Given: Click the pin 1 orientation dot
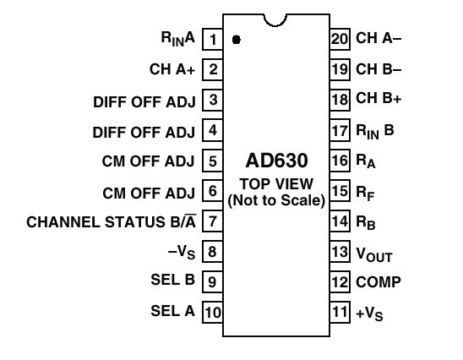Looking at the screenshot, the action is [237, 39].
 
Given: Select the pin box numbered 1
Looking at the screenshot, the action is [213, 39].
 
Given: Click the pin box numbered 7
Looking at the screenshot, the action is [213, 221].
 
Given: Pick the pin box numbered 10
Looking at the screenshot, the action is [213, 312].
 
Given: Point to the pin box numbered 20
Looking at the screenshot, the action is [340, 39].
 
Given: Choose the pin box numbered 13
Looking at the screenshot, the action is [340, 252].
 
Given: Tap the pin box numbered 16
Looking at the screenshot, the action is [340, 161].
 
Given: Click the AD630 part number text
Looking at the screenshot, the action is [276, 161].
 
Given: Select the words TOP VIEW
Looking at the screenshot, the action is [276, 184].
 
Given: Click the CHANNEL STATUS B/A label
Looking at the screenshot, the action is [112, 221].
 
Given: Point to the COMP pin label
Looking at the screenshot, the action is [379, 282].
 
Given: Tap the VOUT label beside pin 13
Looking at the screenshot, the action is [374, 254].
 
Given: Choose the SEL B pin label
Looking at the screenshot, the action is [172, 280].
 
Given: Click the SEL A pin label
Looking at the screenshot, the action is [172, 311].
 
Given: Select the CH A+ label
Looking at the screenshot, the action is [172, 69].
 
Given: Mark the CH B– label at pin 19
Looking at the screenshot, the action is [379, 69].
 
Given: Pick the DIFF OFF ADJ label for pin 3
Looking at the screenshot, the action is [144, 102].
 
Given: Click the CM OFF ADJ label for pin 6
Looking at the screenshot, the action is [149, 194].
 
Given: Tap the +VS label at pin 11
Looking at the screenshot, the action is [369, 314].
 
